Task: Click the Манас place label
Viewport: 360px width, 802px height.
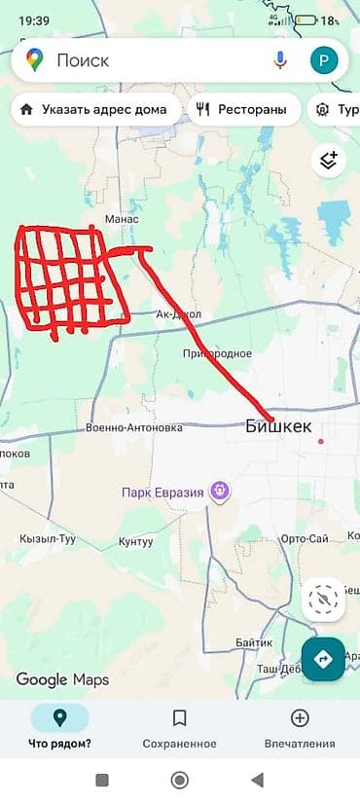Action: point(122,220)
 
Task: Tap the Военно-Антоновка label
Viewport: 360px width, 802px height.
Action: point(134,427)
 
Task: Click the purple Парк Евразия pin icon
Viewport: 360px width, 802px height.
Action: point(221,492)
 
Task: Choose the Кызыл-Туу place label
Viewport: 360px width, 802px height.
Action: point(49,539)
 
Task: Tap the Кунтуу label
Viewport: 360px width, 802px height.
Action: point(136,541)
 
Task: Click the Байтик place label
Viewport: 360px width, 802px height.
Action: point(254,643)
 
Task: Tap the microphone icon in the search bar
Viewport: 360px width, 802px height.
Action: point(281,60)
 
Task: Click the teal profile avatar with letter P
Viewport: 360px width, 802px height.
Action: point(323,60)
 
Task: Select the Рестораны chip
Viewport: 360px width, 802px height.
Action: point(244,110)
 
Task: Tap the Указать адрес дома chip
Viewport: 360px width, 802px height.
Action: point(97,110)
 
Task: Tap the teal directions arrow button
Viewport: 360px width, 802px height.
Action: point(323,659)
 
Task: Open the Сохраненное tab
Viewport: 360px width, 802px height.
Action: point(180,728)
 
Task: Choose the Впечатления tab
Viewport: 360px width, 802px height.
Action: point(300,728)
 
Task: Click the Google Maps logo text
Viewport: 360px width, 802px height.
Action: point(62,679)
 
